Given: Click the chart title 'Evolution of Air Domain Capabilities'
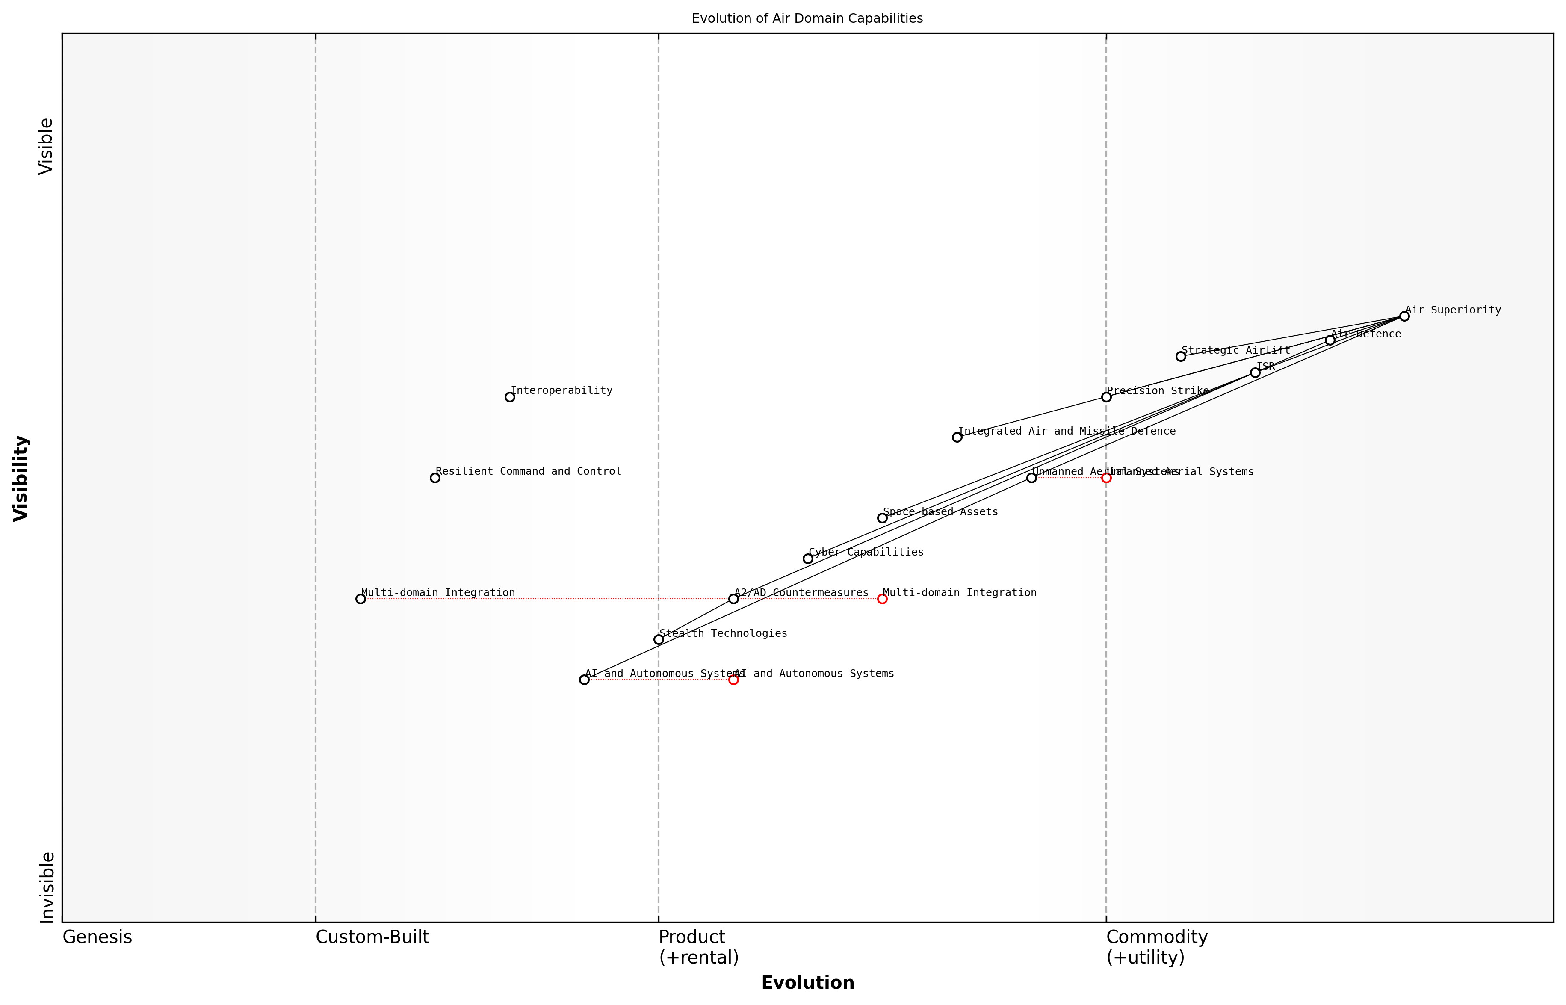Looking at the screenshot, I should [807, 18].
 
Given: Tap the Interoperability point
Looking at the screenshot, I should [510, 397].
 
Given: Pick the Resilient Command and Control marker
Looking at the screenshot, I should [435, 478].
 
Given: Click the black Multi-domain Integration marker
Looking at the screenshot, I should [361, 598].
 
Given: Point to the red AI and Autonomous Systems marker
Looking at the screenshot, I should [733, 680].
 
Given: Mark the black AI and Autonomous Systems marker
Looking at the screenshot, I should [584, 680].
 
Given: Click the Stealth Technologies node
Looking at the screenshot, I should [659, 639].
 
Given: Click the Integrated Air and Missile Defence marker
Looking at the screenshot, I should [957, 437].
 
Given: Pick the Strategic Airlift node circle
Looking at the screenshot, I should [1180, 356].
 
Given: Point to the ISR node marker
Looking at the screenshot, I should [1255, 372].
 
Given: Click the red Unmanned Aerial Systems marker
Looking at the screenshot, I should [1106, 478].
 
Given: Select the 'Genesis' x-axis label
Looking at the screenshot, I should [97, 937].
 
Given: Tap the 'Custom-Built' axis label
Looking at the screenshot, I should [372, 937].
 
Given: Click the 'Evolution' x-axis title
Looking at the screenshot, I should [807, 983].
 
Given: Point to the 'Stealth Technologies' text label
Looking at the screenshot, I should [723, 633].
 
